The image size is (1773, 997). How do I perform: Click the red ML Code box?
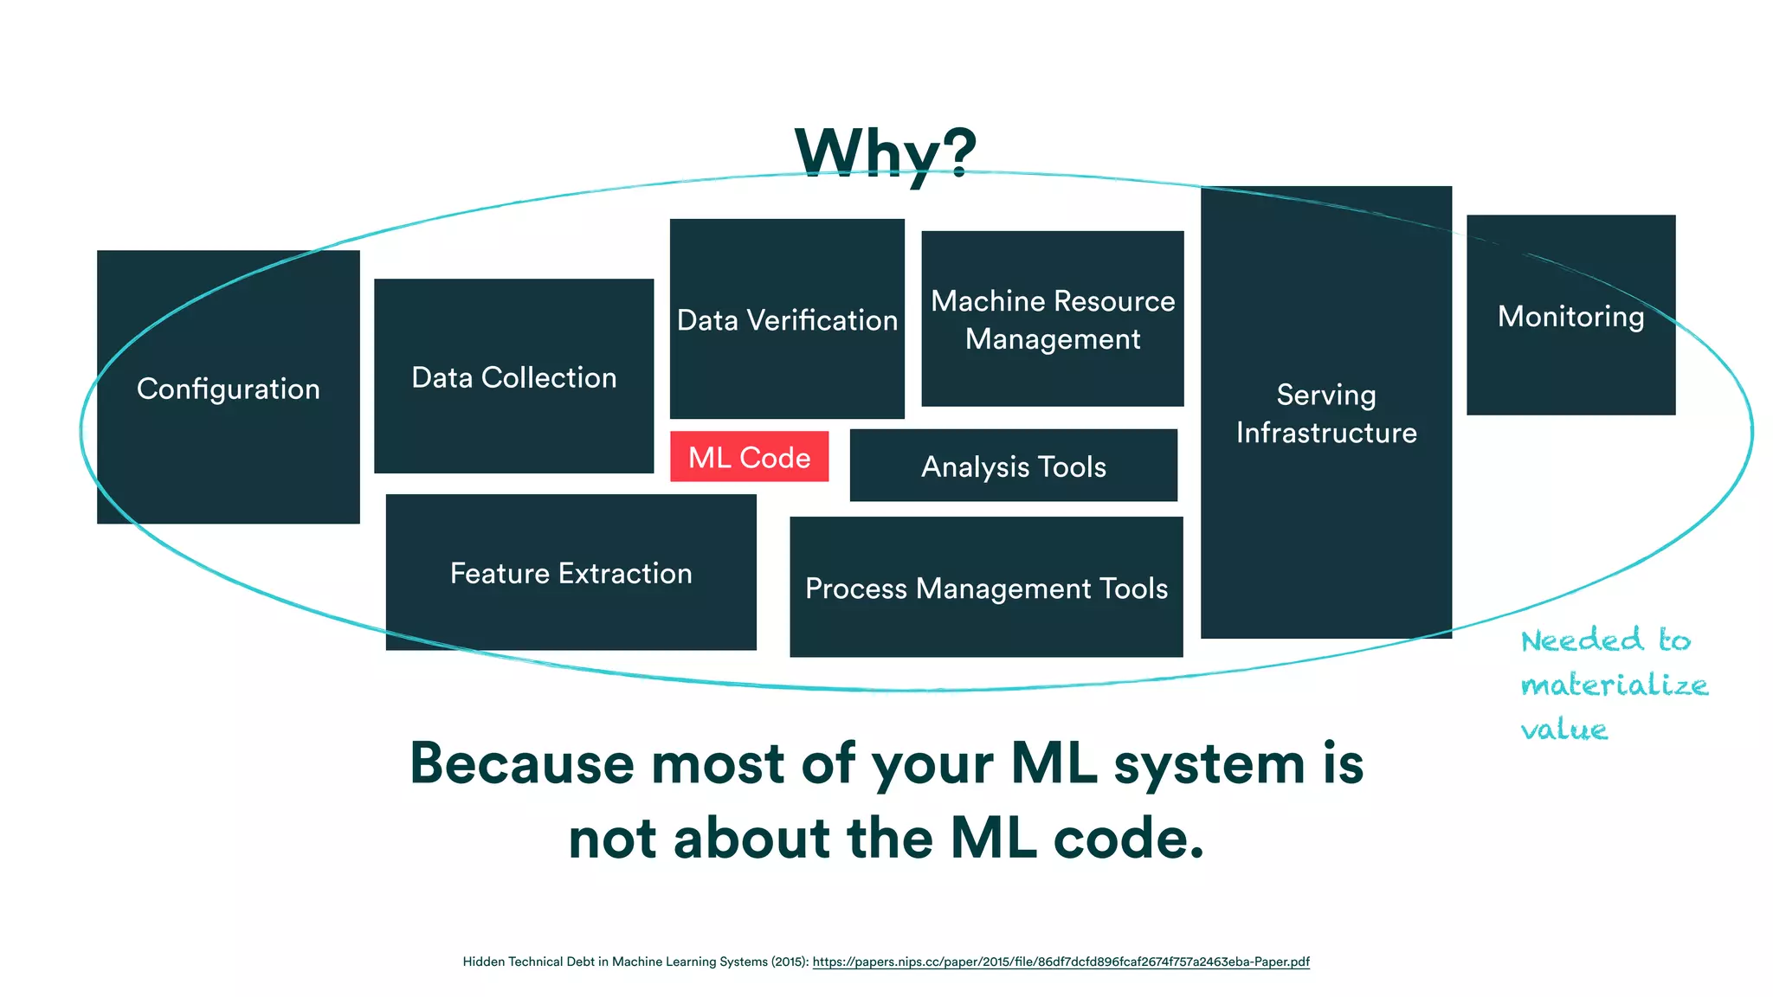(x=749, y=456)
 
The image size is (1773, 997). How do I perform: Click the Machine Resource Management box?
(x=1052, y=318)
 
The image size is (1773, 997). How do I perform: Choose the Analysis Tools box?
(x=1013, y=466)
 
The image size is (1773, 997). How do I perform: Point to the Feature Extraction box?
(x=571, y=572)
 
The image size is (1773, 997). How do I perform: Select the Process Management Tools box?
(x=986, y=588)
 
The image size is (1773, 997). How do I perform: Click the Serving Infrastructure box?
(x=1325, y=413)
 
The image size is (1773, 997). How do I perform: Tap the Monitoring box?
(x=1570, y=315)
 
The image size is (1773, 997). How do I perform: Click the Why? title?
(x=886, y=152)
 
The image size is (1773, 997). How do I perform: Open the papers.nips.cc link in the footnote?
(x=1061, y=962)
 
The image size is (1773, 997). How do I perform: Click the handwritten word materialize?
(x=1614, y=685)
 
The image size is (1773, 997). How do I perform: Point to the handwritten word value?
(x=1564, y=729)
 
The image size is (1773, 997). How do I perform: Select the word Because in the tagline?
(x=521, y=764)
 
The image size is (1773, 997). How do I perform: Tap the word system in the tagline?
(x=1209, y=765)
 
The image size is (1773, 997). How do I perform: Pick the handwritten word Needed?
(x=1582, y=640)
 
